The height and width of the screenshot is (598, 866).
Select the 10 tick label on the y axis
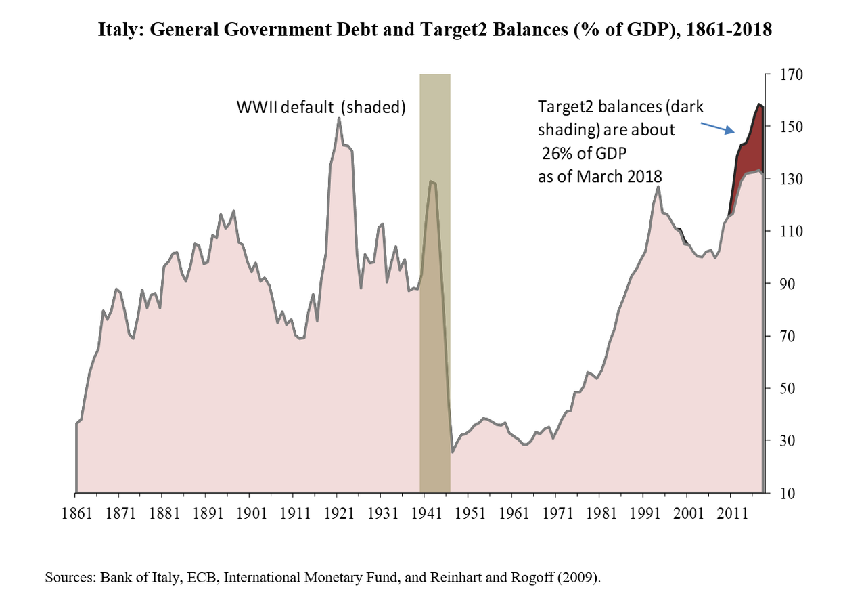779,493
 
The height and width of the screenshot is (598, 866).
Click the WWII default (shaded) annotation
320,107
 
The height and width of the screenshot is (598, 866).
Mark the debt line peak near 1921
338,119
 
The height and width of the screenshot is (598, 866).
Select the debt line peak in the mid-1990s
658,186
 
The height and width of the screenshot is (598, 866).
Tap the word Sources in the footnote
70,578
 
